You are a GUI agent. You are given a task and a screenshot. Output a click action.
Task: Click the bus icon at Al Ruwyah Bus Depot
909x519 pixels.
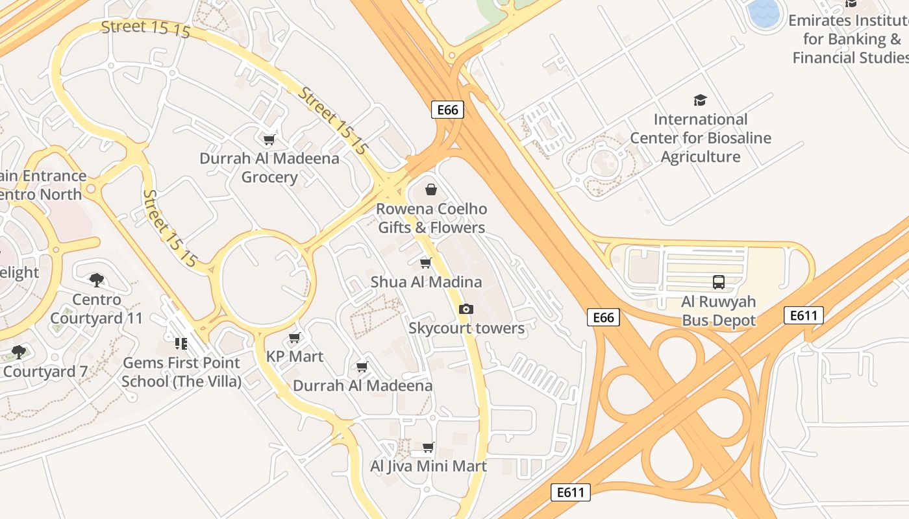(719, 282)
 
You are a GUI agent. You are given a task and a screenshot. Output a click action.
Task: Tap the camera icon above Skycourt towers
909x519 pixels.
(466, 309)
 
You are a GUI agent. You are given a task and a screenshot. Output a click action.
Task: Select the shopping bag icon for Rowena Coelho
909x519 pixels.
(430, 189)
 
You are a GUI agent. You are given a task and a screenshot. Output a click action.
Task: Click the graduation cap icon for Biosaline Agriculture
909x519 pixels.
(700, 100)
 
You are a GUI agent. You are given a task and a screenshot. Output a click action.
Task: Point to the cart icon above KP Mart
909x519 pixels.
(294, 337)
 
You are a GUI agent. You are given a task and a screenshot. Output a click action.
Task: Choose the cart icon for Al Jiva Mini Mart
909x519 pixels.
(428, 447)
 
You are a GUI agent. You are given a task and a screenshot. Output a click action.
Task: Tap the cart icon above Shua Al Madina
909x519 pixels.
(425, 263)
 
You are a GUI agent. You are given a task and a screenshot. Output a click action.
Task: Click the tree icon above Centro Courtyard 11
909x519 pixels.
(97, 280)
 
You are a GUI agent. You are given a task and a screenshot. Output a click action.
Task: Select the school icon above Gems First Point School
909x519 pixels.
(181, 343)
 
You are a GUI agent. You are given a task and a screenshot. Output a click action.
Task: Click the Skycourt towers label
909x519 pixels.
(466, 328)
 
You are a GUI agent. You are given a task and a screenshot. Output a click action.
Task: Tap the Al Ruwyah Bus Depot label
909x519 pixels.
(719, 311)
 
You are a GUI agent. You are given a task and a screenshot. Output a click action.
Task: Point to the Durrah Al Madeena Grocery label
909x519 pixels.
(269, 168)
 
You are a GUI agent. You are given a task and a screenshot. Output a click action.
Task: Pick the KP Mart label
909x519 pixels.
(295, 356)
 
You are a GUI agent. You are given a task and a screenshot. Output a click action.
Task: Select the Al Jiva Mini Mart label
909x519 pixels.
(429, 466)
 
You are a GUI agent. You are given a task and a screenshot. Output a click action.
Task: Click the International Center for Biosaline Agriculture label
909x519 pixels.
(701, 138)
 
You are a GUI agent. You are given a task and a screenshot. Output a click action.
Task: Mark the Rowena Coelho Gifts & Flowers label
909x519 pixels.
(431, 218)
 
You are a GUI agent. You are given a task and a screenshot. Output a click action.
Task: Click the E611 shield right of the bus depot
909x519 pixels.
(804, 315)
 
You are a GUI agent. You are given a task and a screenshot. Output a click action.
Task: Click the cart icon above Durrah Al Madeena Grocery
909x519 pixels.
(268, 139)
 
